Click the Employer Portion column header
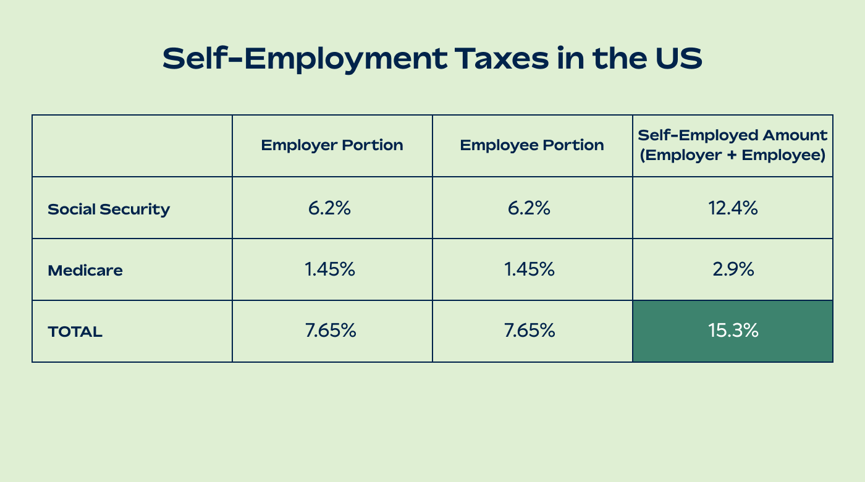[332, 145]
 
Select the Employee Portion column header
[532, 145]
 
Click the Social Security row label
[109, 209]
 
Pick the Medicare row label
[85, 270]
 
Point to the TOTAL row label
[75, 332]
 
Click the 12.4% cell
[733, 208]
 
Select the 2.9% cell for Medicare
[733, 269]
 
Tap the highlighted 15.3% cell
[733, 331]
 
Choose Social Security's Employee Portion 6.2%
[529, 208]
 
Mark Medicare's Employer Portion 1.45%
[330, 269]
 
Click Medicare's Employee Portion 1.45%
[530, 269]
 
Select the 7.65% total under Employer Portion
[331, 331]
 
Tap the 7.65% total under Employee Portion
[530, 331]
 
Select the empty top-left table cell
[132, 146]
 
